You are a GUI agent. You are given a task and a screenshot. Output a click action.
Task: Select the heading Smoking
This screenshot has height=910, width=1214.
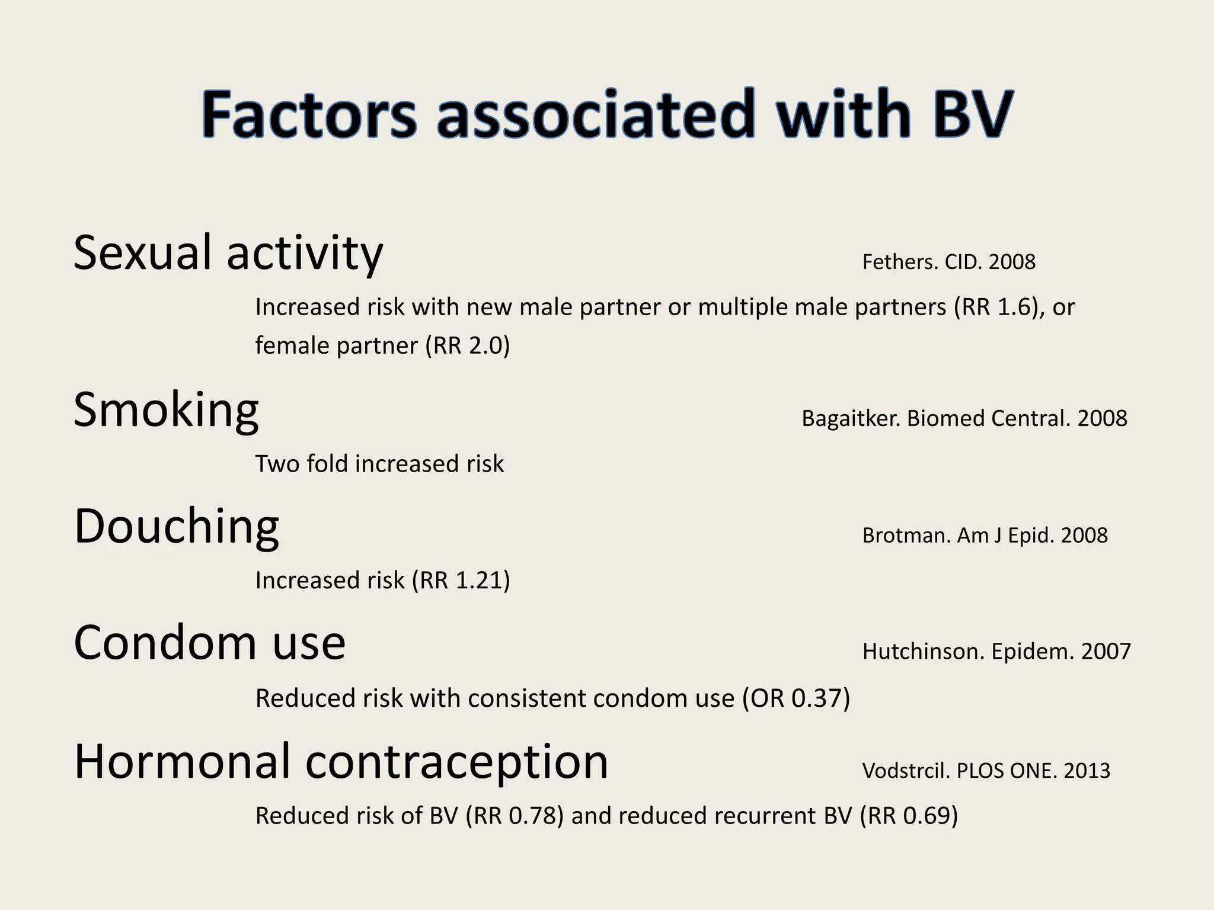tap(166, 410)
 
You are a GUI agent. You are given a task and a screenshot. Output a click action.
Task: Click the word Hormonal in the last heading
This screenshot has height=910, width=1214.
tap(183, 762)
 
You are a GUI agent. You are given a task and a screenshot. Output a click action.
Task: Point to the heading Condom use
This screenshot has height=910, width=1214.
tap(209, 643)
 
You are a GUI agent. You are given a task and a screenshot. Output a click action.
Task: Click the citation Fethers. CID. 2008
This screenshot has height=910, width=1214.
tap(948, 262)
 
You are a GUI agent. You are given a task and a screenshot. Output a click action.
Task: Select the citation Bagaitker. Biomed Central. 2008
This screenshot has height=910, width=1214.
tap(964, 418)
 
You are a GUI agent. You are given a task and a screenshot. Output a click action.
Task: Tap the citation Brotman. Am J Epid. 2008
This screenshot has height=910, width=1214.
tap(985, 536)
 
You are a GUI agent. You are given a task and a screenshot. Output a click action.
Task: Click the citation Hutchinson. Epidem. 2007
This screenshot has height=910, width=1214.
tap(996, 652)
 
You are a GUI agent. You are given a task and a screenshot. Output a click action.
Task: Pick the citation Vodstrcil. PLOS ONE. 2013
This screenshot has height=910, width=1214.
tap(986, 771)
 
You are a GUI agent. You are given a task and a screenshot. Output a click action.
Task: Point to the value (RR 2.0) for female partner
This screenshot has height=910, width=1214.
tap(468, 345)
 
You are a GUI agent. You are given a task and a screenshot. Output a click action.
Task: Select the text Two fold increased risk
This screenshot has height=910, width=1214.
tap(379, 464)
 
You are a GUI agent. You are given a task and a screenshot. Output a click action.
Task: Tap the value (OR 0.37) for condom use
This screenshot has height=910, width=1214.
tap(796, 698)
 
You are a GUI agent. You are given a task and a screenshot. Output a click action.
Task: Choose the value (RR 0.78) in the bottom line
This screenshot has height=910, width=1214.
tap(515, 816)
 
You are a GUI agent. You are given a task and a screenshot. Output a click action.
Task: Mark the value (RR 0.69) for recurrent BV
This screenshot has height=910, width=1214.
tap(909, 816)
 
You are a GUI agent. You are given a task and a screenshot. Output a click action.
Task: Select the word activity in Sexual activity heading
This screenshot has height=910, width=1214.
tap(305, 254)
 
